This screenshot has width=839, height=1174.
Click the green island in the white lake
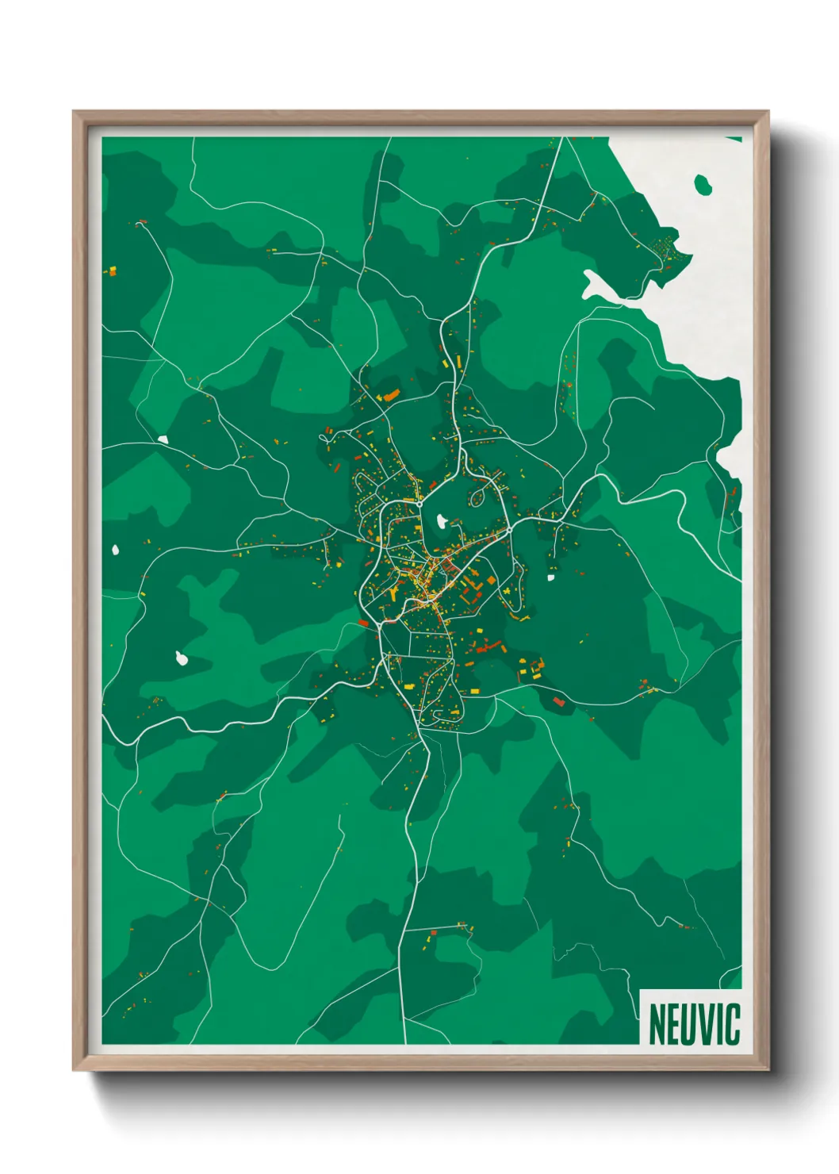(x=703, y=185)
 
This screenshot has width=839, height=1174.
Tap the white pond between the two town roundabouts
(x=441, y=521)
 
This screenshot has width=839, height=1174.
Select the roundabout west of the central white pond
(x=418, y=503)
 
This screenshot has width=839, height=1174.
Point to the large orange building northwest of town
(x=391, y=394)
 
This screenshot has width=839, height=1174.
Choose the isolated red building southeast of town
(x=558, y=701)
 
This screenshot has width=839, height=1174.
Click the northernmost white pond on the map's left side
(x=163, y=439)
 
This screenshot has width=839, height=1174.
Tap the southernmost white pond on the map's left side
(x=181, y=658)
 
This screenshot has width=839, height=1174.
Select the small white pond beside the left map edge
(x=116, y=549)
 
